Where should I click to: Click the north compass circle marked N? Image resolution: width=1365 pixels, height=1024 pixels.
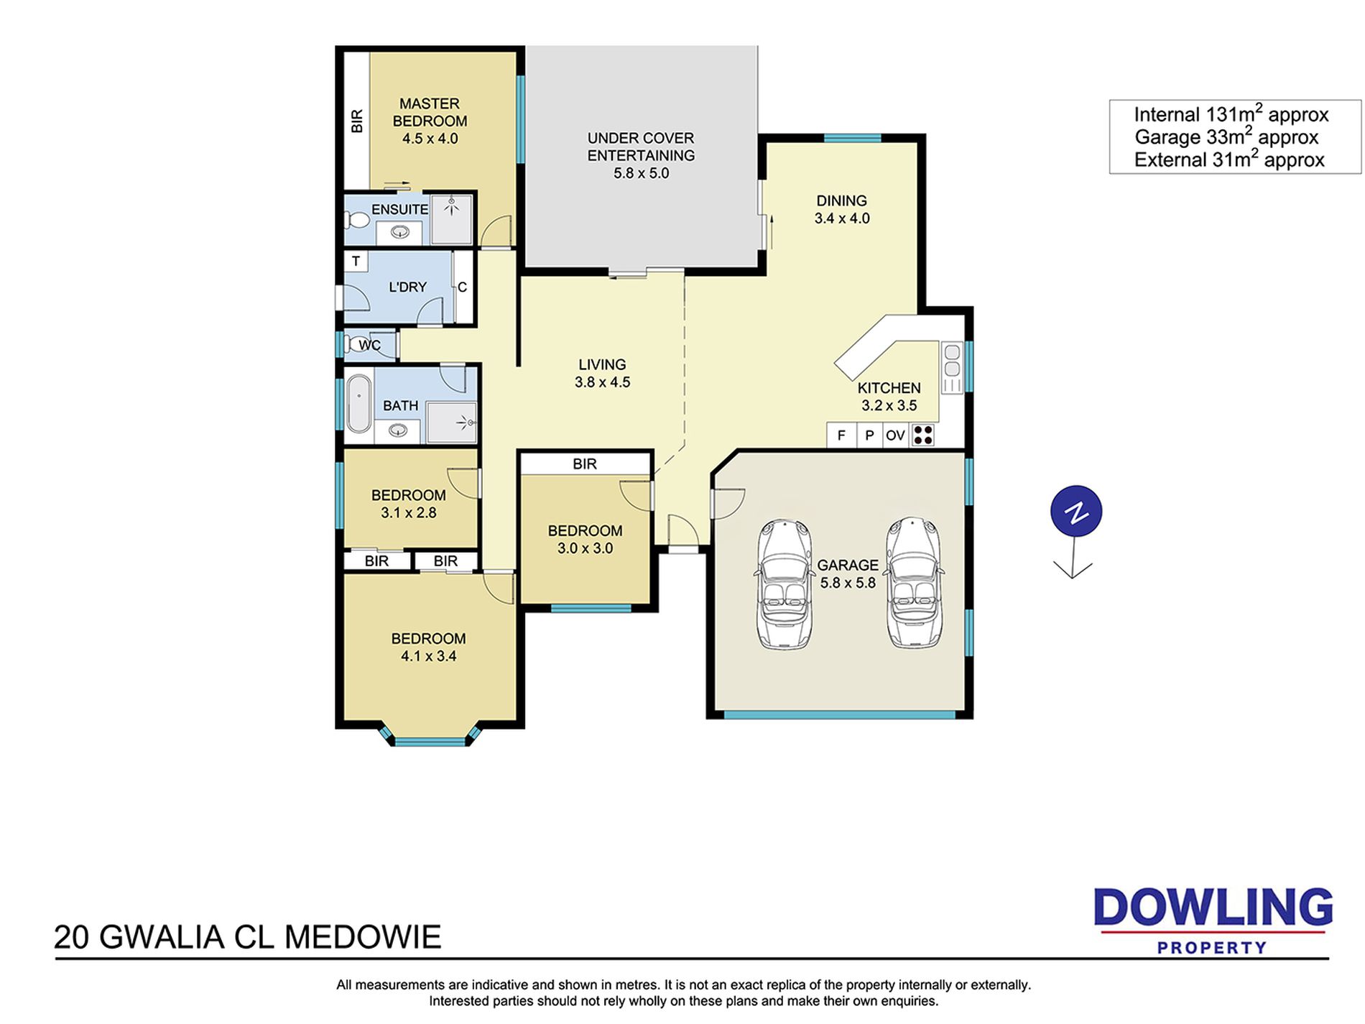click(1075, 512)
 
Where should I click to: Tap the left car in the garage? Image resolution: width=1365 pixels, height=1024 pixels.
click(785, 584)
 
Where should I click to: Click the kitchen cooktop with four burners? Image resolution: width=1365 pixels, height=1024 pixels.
click(922, 435)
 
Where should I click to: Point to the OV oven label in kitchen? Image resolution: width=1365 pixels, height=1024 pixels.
click(895, 435)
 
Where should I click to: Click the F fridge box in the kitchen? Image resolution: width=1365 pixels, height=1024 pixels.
click(841, 435)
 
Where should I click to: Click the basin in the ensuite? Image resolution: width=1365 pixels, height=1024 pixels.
click(399, 232)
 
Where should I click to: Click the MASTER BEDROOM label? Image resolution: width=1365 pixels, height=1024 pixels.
click(430, 112)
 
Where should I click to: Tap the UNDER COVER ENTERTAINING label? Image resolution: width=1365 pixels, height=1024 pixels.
click(641, 147)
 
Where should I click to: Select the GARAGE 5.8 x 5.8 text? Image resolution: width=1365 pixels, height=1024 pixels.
click(848, 573)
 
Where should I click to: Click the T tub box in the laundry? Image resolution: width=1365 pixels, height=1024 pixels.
click(356, 261)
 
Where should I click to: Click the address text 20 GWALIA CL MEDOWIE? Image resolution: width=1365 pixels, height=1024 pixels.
click(248, 937)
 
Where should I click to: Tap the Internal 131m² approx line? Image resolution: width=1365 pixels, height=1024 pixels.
click(1231, 114)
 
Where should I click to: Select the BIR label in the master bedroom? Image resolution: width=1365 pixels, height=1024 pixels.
click(357, 121)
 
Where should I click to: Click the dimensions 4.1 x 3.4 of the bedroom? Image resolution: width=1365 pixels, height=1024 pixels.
click(429, 655)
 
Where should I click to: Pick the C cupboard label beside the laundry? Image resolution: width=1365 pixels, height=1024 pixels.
click(462, 287)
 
